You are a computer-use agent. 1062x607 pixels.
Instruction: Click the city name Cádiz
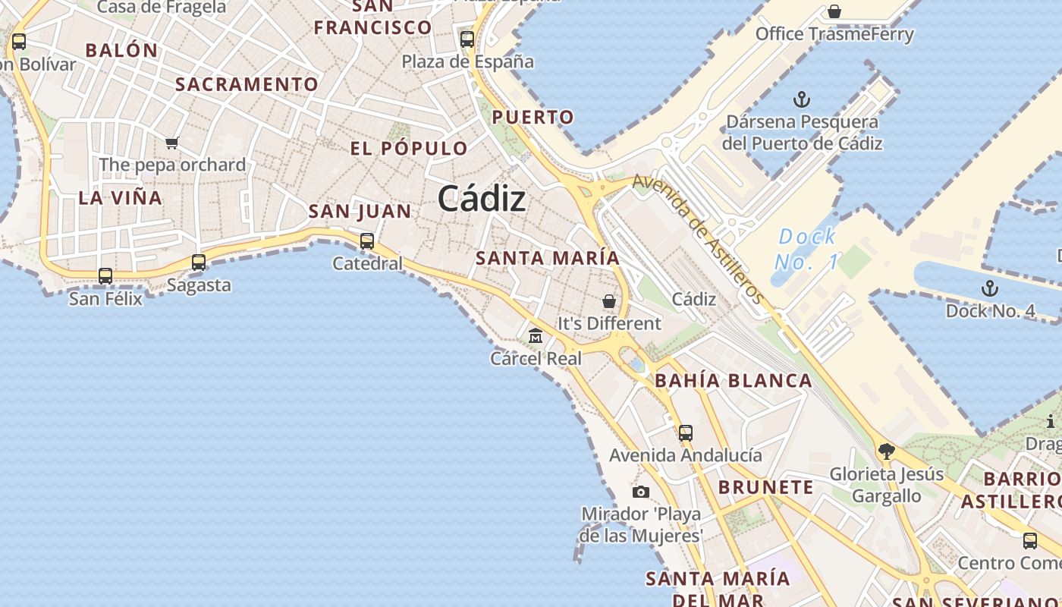coord(482,200)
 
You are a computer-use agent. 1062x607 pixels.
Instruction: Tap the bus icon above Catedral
coord(367,241)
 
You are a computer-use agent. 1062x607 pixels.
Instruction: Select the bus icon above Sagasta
coord(199,263)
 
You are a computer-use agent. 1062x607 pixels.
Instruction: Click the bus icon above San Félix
coord(105,276)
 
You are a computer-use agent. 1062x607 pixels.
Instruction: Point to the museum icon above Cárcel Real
coord(536,335)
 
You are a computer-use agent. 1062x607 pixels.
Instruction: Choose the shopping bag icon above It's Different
coord(609,301)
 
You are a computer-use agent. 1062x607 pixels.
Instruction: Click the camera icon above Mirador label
coord(641,492)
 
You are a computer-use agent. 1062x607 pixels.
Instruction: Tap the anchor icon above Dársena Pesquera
coord(802,99)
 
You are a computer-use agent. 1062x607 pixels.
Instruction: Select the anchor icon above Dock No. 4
coord(990,288)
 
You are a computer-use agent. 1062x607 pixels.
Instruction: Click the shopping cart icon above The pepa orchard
coord(172,143)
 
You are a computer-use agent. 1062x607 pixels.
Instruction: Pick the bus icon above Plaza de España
coord(467,39)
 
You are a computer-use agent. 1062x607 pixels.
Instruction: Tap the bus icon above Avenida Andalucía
coord(686,433)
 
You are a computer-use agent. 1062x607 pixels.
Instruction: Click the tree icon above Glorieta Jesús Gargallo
coord(886,452)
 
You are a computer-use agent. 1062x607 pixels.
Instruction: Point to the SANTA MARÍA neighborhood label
coord(548,258)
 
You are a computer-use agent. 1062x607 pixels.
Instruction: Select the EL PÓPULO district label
coord(409,149)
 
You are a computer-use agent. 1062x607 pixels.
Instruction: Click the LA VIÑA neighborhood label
coord(121,198)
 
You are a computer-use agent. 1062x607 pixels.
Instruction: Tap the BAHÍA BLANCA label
coord(733,381)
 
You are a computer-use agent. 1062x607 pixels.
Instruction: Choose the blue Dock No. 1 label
coord(807,250)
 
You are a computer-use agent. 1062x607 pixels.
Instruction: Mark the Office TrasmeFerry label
coord(834,34)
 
